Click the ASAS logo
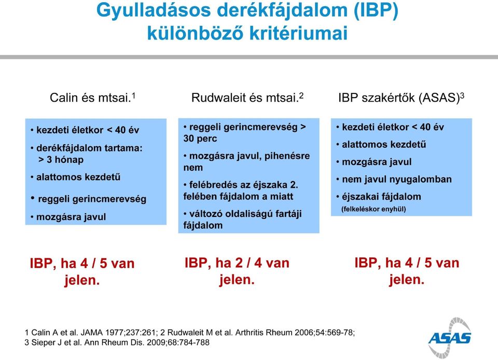[x=450, y=338]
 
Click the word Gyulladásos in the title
[x=154, y=10]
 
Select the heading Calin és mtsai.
[x=92, y=98]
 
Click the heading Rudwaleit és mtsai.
[x=247, y=98]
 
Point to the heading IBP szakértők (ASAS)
[x=401, y=98]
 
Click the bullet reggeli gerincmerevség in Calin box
[x=89, y=199]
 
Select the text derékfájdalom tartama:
[x=87, y=148]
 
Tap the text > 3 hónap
[x=61, y=159]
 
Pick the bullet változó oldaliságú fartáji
[x=242, y=214]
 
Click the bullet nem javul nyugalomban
[x=394, y=179]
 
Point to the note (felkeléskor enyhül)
[x=374, y=209]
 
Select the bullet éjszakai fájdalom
[x=379, y=197]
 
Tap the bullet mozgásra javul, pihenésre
[x=246, y=156]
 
